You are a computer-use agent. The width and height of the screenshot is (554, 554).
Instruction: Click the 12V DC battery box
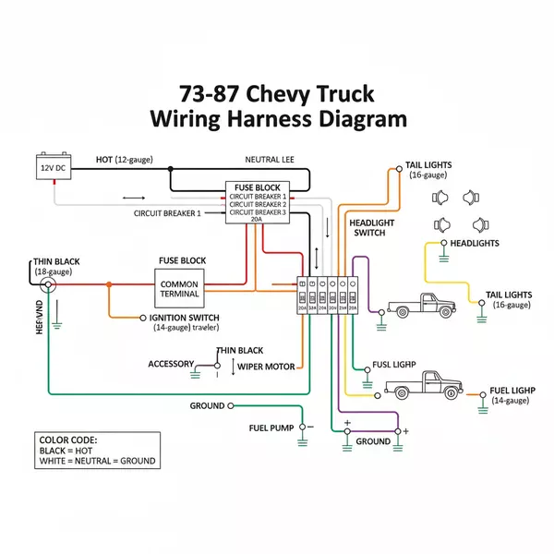click(x=54, y=168)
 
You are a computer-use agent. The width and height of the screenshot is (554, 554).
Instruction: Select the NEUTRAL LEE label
click(x=269, y=160)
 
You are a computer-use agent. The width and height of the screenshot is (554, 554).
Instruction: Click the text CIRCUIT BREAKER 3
click(x=258, y=212)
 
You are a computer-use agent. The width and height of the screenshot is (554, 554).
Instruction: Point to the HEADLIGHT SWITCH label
click(x=372, y=227)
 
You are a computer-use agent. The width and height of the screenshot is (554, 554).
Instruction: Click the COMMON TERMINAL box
click(x=179, y=288)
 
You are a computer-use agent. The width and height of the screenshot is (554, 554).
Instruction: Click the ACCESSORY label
click(x=171, y=364)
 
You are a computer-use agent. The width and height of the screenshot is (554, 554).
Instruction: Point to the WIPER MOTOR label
click(x=267, y=367)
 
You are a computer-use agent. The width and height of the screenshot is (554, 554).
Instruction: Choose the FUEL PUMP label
click(x=271, y=428)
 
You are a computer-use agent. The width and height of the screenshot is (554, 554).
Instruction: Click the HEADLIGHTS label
click(x=474, y=243)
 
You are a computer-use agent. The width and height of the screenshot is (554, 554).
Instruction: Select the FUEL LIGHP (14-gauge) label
click(x=512, y=395)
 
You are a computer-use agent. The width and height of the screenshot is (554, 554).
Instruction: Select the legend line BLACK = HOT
click(x=66, y=451)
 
